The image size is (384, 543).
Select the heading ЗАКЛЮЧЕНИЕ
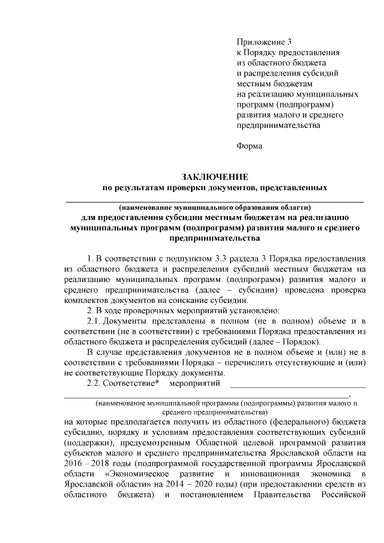(x=215, y=176)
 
